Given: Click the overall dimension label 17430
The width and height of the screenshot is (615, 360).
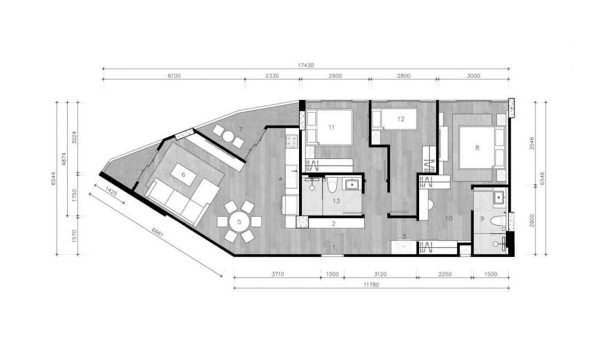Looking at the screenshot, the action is click(305, 66).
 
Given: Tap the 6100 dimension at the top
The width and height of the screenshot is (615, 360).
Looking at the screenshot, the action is click(174, 76).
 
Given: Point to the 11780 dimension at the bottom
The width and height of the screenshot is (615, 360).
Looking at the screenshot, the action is click(371, 285).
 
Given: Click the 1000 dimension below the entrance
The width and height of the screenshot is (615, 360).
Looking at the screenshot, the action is click(332, 274).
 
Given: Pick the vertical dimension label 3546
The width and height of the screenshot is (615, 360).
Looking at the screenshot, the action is click(532, 143).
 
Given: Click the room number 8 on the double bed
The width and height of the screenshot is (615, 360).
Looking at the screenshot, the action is click(477, 147).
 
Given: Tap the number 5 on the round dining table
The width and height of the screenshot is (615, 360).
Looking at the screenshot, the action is click(239, 221).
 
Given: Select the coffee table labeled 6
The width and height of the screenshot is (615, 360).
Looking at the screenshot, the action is click(183, 175).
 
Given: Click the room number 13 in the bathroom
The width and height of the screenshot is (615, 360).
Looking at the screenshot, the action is click(336, 201).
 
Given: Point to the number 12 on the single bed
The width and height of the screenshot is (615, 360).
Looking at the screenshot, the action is click(401, 119).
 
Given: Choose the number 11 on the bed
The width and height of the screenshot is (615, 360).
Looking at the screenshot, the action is click(332, 128).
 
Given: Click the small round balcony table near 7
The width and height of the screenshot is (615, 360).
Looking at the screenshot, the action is click(228, 136).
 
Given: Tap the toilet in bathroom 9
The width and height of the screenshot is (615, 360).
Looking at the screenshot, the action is click(498, 220).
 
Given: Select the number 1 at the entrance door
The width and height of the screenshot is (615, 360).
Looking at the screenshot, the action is click(334, 247).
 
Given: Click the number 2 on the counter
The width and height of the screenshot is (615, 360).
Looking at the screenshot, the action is click(334, 224).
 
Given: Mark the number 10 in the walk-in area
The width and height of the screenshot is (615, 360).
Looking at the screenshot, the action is click(449, 219).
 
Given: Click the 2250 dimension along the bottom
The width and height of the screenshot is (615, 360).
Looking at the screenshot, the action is click(445, 274).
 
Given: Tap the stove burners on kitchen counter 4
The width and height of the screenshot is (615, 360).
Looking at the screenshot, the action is click(292, 141).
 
